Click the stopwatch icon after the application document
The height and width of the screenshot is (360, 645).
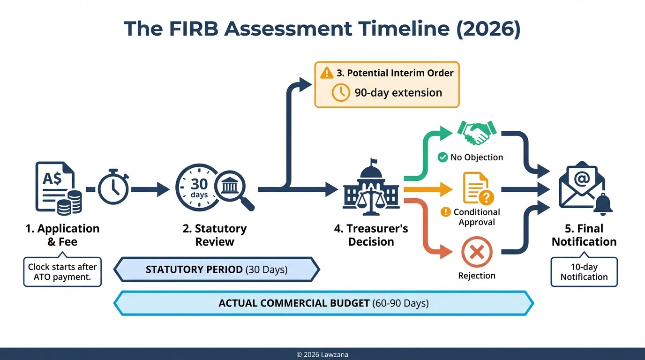[x=113, y=189]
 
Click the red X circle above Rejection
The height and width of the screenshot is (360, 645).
[x=477, y=253]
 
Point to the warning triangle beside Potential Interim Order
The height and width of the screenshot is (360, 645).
[x=327, y=73]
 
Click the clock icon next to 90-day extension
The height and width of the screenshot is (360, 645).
[x=341, y=92]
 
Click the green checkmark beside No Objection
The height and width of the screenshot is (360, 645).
[x=442, y=157]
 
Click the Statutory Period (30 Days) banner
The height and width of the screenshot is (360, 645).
[x=217, y=270]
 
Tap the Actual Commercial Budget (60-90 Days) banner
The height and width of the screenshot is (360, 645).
[x=323, y=303]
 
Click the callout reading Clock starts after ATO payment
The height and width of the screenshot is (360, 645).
[x=62, y=272]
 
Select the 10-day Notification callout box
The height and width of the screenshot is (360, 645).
[x=584, y=272]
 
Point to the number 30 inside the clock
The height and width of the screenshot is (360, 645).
[x=199, y=184]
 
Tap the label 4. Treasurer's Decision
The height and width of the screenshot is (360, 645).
[x=371, y=235]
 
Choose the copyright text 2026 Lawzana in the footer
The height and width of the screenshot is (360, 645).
[x=322, y=355]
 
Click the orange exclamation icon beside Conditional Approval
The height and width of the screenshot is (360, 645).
[x=446, y=212]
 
